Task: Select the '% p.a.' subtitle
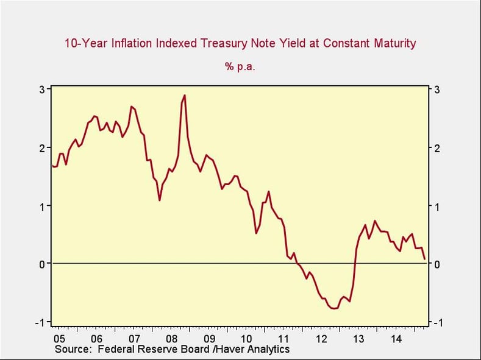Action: click(x=240, y=67)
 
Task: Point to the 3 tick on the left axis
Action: click(x=42, y=89)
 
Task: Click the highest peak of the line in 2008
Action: click(x=184, y=96)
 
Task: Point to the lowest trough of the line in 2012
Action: click(x=334, y=309)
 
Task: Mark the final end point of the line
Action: click(x=425, y=259)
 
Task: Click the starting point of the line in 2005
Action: click(x=52, y=165)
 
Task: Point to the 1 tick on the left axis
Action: click(x=42, y=206)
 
